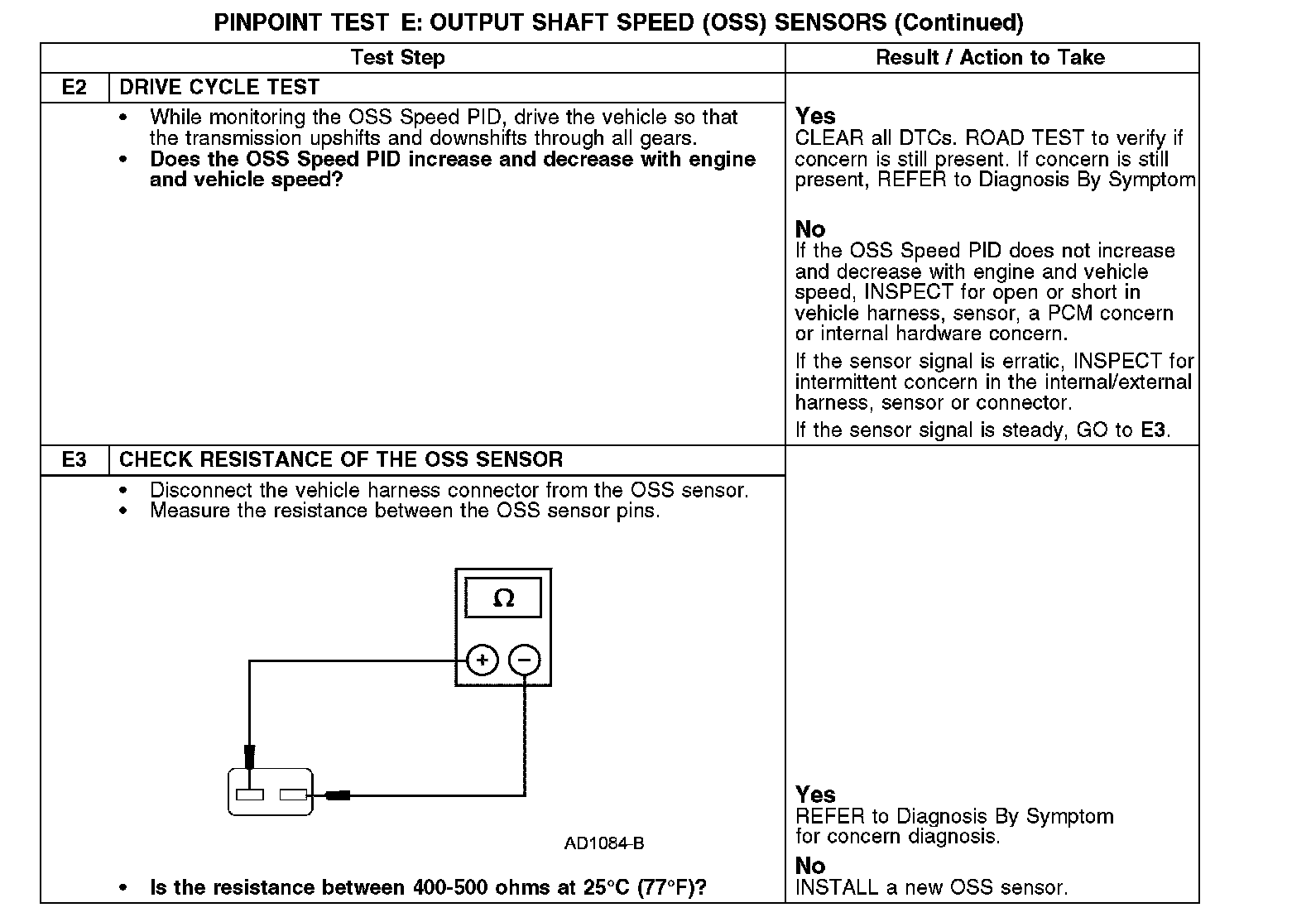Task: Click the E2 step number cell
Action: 74,88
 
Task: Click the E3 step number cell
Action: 74,460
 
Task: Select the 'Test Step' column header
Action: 397,58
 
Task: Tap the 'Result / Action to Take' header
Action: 990,58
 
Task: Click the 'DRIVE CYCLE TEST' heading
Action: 219,88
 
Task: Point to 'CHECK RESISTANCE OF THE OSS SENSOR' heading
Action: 341,460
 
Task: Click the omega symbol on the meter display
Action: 503,598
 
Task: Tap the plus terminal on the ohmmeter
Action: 483,660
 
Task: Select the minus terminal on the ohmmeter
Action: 524,660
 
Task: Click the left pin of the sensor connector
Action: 250,795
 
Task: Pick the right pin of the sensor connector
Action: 293,795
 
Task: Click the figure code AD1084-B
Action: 604,844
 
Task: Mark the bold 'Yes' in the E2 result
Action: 815,117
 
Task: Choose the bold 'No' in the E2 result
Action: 810,229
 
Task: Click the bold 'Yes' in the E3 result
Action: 815,795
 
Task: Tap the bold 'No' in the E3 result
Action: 810,866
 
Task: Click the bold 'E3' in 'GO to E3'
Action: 1153,430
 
